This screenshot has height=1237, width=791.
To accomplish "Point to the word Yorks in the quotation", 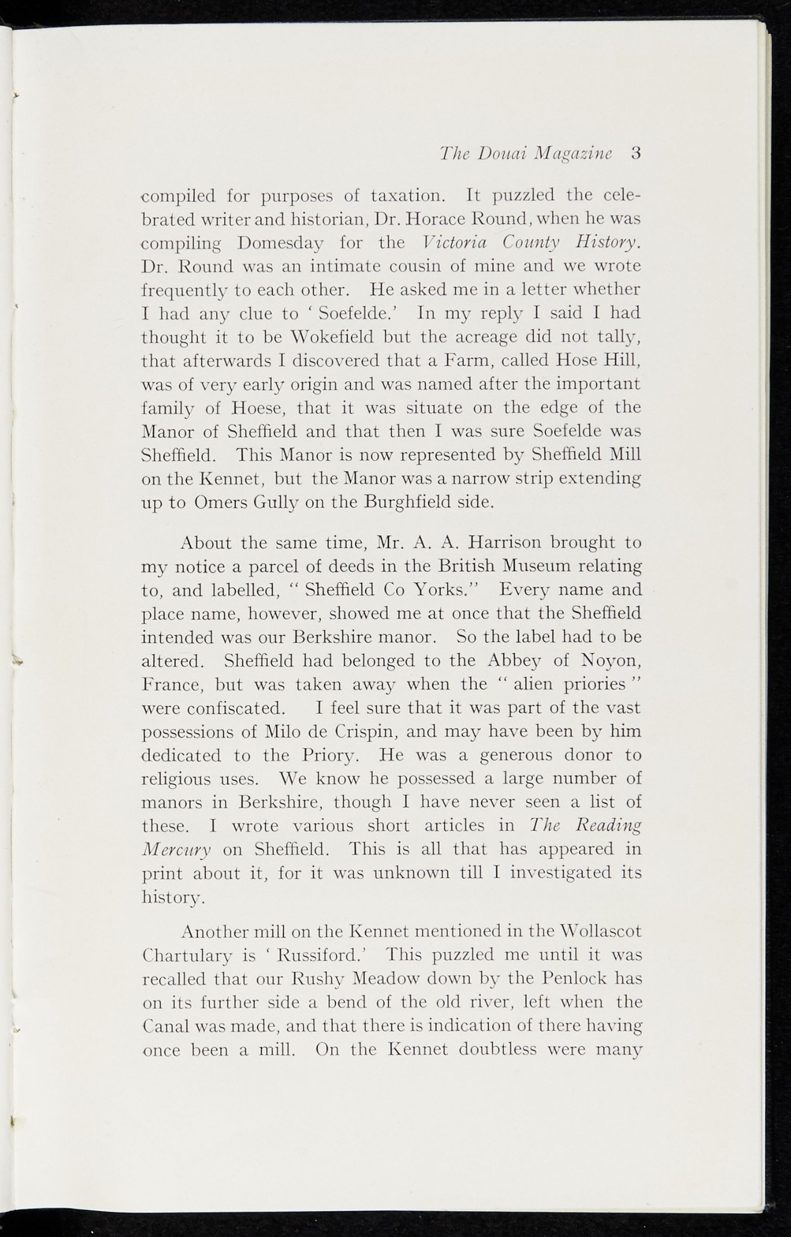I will [445, 590].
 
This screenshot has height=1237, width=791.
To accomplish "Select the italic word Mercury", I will [176, 850].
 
